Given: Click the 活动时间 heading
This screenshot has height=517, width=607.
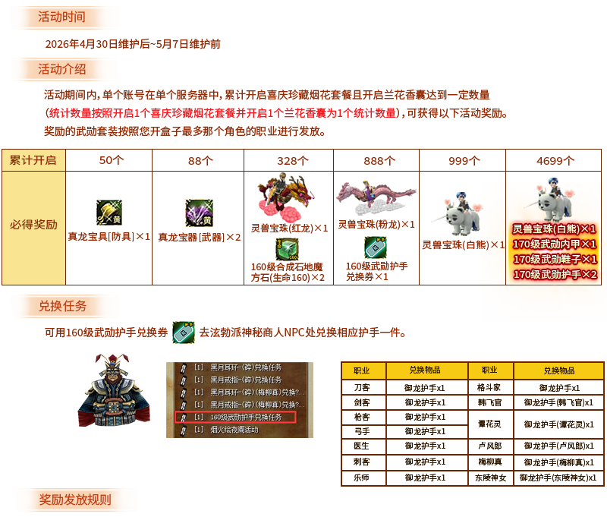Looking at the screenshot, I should click(x=62, y=17).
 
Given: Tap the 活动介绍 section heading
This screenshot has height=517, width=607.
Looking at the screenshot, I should click(x=62, y=69).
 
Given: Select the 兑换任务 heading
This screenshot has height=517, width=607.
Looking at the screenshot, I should click(x=63, y=306).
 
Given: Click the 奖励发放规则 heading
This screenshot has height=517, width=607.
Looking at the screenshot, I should click(x=75, y=500).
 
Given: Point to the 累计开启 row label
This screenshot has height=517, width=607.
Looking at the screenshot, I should click(x=33, y=160).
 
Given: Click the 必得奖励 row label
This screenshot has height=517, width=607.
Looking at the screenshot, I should click(x=33, y=225).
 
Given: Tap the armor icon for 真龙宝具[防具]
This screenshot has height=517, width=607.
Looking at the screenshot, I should click(x=109, y=213).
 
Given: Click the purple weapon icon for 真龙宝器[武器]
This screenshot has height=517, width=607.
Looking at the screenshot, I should click(x=198, y=213).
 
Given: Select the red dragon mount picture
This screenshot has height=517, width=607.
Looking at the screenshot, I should click(x=285, y=195).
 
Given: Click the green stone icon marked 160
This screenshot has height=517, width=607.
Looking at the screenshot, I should click(x=286, y=249).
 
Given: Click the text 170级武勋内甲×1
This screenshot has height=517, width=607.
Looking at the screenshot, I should click(x=555, y=244).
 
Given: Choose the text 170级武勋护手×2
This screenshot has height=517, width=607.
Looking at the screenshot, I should click(x=555, y=274).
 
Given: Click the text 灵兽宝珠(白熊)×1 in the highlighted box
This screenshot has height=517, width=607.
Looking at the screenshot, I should click(x=555, y=229).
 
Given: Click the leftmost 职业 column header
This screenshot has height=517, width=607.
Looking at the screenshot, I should click(x=362, y=370).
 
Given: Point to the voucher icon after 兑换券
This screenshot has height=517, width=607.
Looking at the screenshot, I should click(x=183, y=332).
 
